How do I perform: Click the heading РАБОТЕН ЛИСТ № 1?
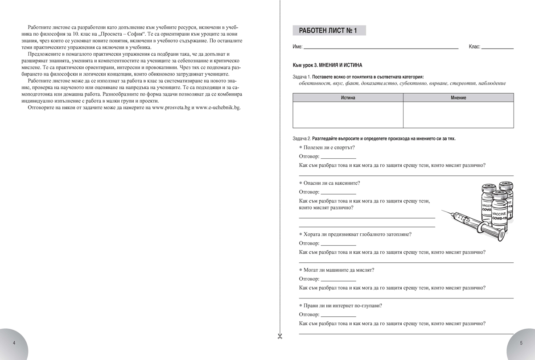pyautogui.click(x=329, y=31)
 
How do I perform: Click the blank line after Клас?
pyautogui.click(x=498, y=47)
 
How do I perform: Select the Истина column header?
pyautogui.click(x=348, y=98)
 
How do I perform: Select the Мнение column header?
pyautogui.click(x=458, y=98)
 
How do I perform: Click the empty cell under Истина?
pyautogui.click(x=348, y=115)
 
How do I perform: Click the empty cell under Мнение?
pyautogui.click(x=458, y=115)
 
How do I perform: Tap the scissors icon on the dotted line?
pyautogui.click(x=280, y=335)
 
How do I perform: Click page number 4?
pyautogui.click(x=14, y=343)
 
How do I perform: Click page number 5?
pyautogui.click(x=521, y=343)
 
